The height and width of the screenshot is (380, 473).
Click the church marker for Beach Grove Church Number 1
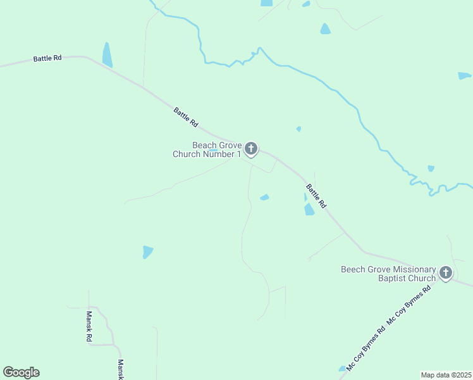[x=251, y=149]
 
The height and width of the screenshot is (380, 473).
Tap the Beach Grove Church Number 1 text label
[x=207, y=149]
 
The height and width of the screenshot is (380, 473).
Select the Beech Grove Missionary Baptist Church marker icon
[x=446, y=273]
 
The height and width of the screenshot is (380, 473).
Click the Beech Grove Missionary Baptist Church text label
[x=388, y=274]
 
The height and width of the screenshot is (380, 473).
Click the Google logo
[x=21, y=372]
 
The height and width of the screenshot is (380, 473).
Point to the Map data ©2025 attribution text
[x=446, y=374]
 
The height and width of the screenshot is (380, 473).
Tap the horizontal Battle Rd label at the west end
[x=47, y=58]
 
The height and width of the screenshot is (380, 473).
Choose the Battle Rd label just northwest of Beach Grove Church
[x=186, y=117]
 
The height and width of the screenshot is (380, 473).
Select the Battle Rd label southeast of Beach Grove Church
[x=316, y=196]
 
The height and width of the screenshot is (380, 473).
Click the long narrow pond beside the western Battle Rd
[x=107, y=55]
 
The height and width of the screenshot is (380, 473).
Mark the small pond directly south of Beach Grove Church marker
[x=264, y=197]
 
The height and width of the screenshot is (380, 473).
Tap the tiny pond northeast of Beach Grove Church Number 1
[x=298, y=129]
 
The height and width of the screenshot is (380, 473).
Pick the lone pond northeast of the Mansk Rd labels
[x=147, y=251]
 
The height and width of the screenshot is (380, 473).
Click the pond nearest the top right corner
[x=464, y=76]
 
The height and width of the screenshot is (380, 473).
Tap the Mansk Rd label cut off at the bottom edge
[x=121, y=369]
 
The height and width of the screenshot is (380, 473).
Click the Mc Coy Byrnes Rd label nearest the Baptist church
[x=408, y=306]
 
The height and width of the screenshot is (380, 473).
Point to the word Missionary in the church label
[x=414, y=269]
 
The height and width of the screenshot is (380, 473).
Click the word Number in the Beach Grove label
[x=213, y=154]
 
